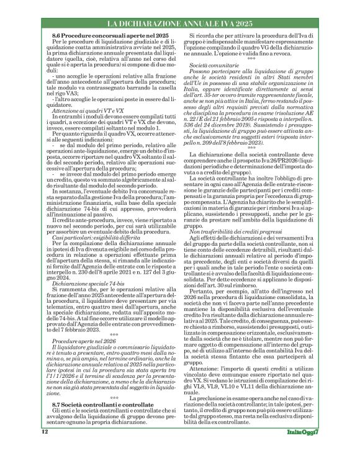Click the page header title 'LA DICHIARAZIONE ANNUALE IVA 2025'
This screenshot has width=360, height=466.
pyautogui.click(x=179, y=24)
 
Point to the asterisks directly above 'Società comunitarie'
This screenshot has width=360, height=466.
pyautogui.click(x=251, y=58)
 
